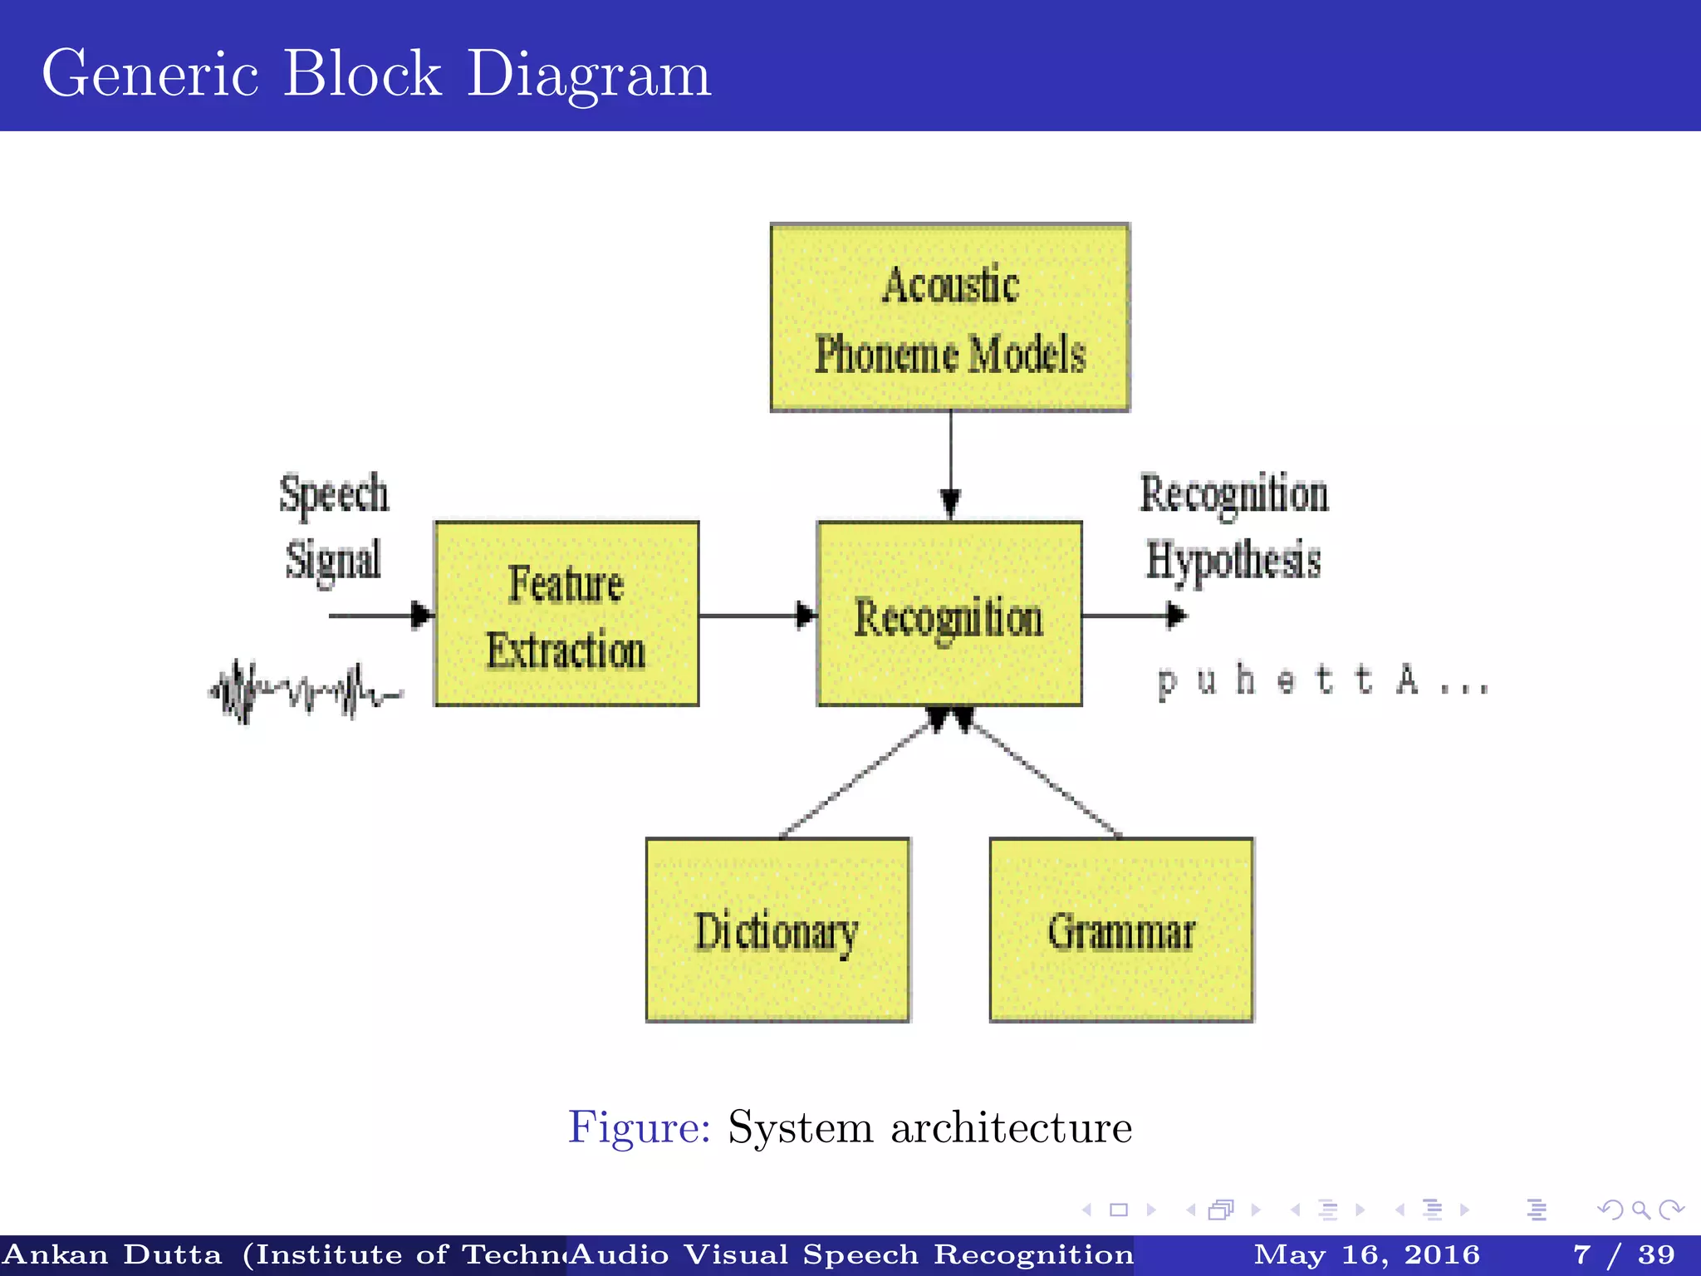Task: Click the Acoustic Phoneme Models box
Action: (949, 317)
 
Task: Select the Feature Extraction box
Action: (566, 615)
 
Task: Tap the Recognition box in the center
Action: (949, 615)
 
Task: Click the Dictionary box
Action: (777, 930)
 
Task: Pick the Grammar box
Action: (1121, 930)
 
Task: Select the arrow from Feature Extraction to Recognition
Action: (756, 616)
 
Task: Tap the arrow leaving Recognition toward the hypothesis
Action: (1134, 616)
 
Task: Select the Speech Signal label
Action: (333, 527)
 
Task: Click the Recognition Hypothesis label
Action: (1234, 527)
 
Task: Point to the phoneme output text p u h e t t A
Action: (1321, 681)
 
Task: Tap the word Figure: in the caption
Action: (639, 1127)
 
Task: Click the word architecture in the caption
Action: (1011, 1127)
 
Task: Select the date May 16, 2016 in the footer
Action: (1366, 1254)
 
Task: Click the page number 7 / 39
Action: (1624, 1254)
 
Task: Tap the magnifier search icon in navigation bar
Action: (1640, 1210)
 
